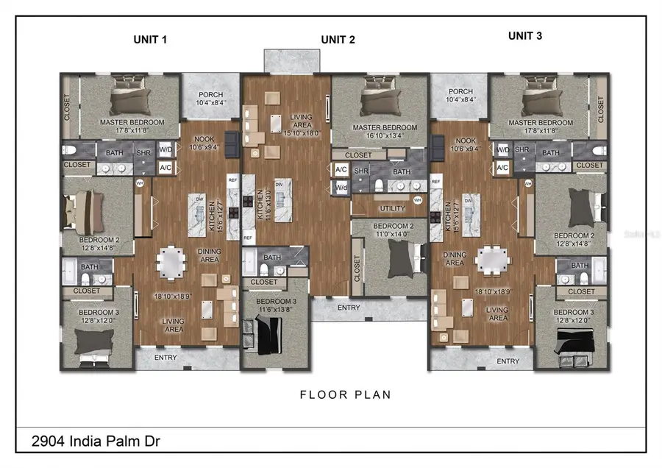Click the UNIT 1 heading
[x=149, y=39]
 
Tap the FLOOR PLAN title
[x=345, y=394]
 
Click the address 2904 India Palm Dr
[x=96, y=442]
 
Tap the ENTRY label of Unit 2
[x=349, y=306]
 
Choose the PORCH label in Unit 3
[x=460, y=91]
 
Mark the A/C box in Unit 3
[x=502, y=168]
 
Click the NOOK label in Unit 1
[x=203, y=138]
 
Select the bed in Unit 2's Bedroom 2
[x=402, y=258]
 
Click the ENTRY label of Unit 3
[x=508, y=361]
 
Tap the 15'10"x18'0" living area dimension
[x=302, y=133]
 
